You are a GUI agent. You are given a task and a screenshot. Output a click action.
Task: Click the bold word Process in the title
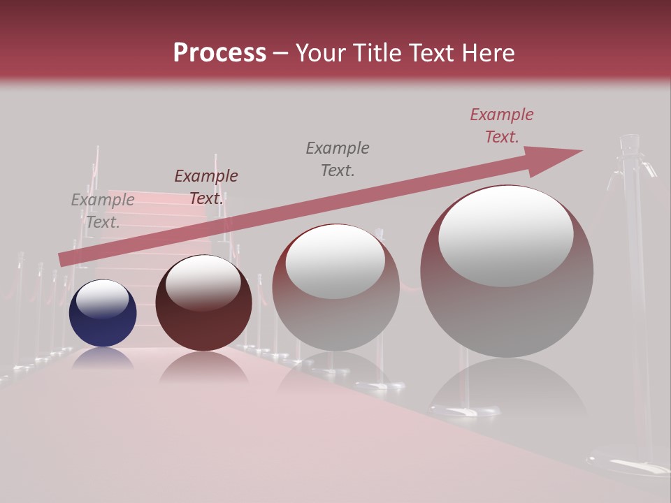click(x=219, y=53)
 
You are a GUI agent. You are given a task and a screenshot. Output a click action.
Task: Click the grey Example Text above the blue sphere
click(x=103, y=211)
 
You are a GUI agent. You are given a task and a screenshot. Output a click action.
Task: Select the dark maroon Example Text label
click(x=205, y=187)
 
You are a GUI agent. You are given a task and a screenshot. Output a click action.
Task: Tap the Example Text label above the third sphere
click(x=338, y=159)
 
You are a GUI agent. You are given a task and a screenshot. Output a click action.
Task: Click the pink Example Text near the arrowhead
click(x=501, y=126)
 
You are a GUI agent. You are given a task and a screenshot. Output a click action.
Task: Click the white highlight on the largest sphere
click(x=505, y=234)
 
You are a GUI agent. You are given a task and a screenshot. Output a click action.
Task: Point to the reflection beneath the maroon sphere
click(x=203, y=368)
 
